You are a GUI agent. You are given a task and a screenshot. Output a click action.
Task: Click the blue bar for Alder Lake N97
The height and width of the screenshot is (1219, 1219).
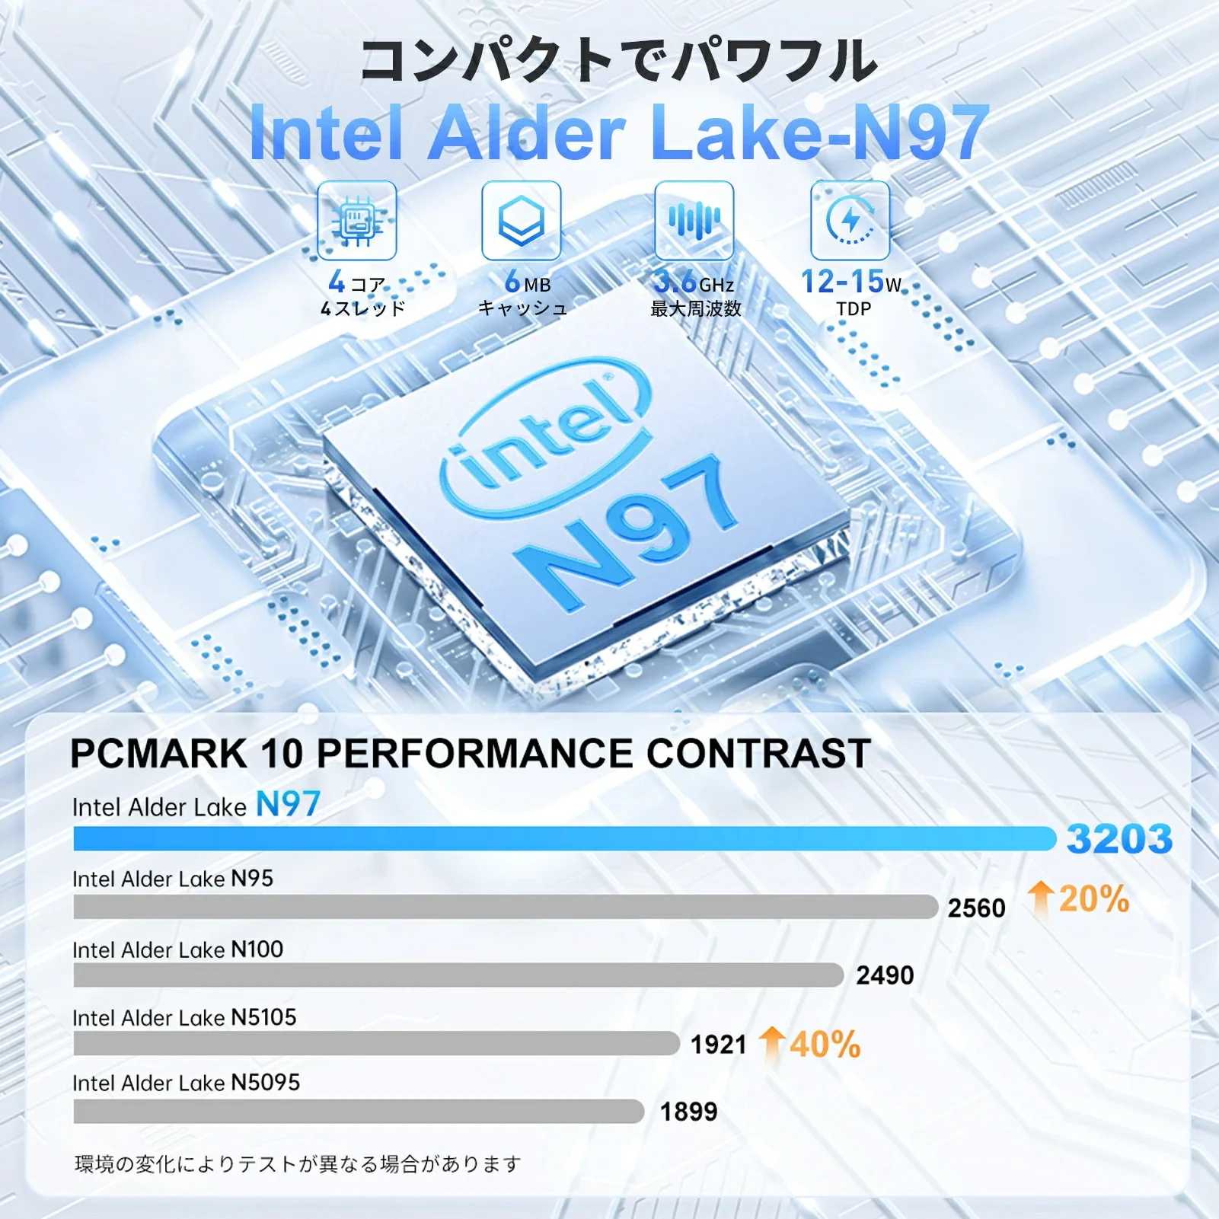click(x=563, y=838)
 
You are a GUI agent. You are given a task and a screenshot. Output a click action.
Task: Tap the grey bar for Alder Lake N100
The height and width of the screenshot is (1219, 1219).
click(x=458, y=975)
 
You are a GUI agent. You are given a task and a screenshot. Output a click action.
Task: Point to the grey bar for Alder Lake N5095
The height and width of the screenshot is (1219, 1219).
click(x=359, y=1111)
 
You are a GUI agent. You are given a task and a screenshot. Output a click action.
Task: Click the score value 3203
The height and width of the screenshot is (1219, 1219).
click(x=1118, y=839)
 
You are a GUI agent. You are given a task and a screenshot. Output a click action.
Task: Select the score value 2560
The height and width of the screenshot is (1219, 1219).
click(x=976, y=908)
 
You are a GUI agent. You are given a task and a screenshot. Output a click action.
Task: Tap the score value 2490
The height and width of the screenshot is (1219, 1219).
click(x=885, y=975)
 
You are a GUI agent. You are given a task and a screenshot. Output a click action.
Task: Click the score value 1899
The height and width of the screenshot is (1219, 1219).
click(x=688, y=1112)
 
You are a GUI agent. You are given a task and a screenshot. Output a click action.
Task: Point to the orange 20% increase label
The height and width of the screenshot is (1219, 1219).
click(x=1079, y=898)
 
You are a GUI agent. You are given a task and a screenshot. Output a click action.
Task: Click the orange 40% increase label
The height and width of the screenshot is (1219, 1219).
click(x=812, y=1044)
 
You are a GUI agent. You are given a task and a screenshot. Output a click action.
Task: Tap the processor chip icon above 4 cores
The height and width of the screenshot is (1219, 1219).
click(x=356, y=221)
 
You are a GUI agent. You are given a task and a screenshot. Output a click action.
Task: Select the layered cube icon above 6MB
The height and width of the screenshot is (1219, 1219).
click(x=522, y=221)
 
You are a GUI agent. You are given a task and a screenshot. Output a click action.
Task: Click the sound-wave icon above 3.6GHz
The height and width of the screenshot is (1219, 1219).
click(x=694, y=221)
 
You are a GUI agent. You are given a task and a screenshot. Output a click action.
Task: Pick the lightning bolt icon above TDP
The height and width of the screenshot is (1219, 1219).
click(x=850, y=221)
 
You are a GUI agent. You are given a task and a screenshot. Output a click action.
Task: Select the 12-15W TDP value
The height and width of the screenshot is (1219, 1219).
click(x=850, y=282)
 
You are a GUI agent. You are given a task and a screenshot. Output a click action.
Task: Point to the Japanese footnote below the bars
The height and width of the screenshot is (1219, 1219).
click(x=298, y=1163)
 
